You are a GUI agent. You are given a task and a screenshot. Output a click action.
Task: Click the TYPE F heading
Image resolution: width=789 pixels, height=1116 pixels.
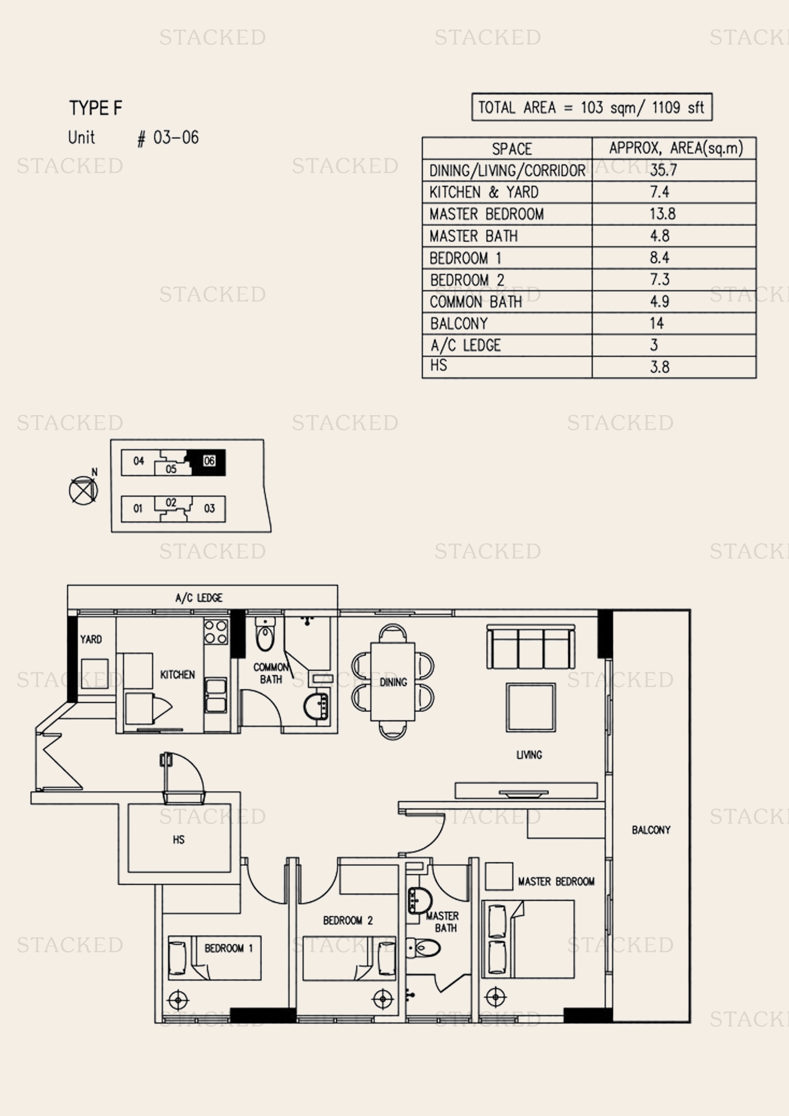96,108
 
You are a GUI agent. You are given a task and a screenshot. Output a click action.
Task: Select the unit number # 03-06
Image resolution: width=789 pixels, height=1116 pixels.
168,138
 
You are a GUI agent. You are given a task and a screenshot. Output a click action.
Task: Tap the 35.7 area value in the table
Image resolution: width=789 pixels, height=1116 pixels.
663,170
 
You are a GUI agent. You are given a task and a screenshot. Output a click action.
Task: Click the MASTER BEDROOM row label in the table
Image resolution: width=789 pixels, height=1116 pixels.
486,214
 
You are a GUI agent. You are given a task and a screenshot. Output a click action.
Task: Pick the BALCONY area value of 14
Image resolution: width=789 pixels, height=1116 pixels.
657,323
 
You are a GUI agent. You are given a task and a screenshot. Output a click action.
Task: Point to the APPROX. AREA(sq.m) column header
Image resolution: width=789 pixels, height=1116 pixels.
676,148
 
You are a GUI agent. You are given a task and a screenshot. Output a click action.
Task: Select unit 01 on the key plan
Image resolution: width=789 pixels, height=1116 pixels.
138,509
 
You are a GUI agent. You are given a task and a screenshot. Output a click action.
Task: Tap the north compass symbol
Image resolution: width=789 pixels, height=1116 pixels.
83,490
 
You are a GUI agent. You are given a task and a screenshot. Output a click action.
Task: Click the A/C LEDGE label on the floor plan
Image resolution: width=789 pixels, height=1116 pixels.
199,598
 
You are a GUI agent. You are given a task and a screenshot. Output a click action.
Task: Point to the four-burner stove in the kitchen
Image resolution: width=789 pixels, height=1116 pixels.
216,631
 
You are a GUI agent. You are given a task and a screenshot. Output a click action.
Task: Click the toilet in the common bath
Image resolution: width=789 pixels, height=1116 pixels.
265,634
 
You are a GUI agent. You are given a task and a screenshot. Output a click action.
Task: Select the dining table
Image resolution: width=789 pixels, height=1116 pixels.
393,681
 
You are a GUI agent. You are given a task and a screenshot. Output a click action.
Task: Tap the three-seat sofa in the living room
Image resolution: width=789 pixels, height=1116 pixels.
530,647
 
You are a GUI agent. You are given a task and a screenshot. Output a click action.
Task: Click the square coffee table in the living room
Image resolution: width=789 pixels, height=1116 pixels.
531,707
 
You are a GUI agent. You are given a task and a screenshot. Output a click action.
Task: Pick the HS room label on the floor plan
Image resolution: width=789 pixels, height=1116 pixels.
178,839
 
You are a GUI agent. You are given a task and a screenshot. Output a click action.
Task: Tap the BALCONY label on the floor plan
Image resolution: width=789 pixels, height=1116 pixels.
651,830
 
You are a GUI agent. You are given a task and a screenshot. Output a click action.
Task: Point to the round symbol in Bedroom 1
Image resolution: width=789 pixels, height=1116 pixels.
178,1000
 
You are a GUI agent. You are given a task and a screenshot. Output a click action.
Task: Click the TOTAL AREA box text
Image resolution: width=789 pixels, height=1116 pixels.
591,107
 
